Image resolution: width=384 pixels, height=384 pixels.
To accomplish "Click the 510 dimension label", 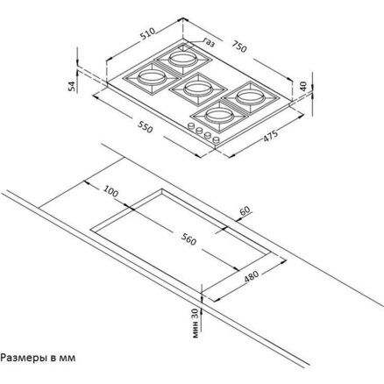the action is pos(147,34).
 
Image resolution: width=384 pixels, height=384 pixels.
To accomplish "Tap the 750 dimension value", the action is pos(239,46).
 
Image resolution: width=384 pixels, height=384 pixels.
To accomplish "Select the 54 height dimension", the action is pos(72,86).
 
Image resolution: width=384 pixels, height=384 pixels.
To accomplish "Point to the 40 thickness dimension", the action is pos(303,86).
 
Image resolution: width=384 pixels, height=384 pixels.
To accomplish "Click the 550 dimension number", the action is pos(145,127).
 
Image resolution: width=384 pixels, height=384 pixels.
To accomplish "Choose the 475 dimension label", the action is pos(270,136).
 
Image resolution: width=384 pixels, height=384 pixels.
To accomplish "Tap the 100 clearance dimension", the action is pos(111,192).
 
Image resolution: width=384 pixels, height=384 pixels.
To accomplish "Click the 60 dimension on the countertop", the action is pos(245,210).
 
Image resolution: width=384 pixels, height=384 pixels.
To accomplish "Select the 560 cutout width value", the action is pos(188,239).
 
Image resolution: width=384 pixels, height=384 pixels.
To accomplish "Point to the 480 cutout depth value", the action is pos(252,277).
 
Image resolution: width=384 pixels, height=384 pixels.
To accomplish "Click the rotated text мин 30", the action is pos(196,323).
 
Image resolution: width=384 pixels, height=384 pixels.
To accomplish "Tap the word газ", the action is pos(209,42).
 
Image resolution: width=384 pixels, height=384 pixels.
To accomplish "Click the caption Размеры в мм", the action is pos(38,358).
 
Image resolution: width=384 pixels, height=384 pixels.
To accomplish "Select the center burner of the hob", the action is pos(197,88).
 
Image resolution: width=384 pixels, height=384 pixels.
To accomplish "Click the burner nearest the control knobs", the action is pos(219,115).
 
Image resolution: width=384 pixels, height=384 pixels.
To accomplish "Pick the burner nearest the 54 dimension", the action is pos(152,77).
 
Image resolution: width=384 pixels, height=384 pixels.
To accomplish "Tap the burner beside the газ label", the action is pos(182,58).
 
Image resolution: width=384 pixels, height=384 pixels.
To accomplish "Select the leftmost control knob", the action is pos(191,126).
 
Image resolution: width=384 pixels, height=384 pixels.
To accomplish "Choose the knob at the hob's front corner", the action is pos(217,140).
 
